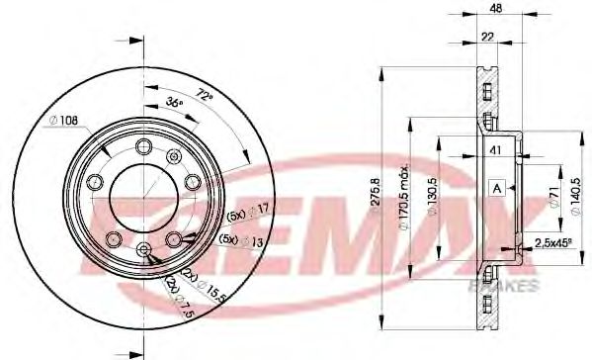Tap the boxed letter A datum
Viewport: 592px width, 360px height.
click(x=498, y=188)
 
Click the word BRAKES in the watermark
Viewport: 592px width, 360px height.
click(x=509, y=285)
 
